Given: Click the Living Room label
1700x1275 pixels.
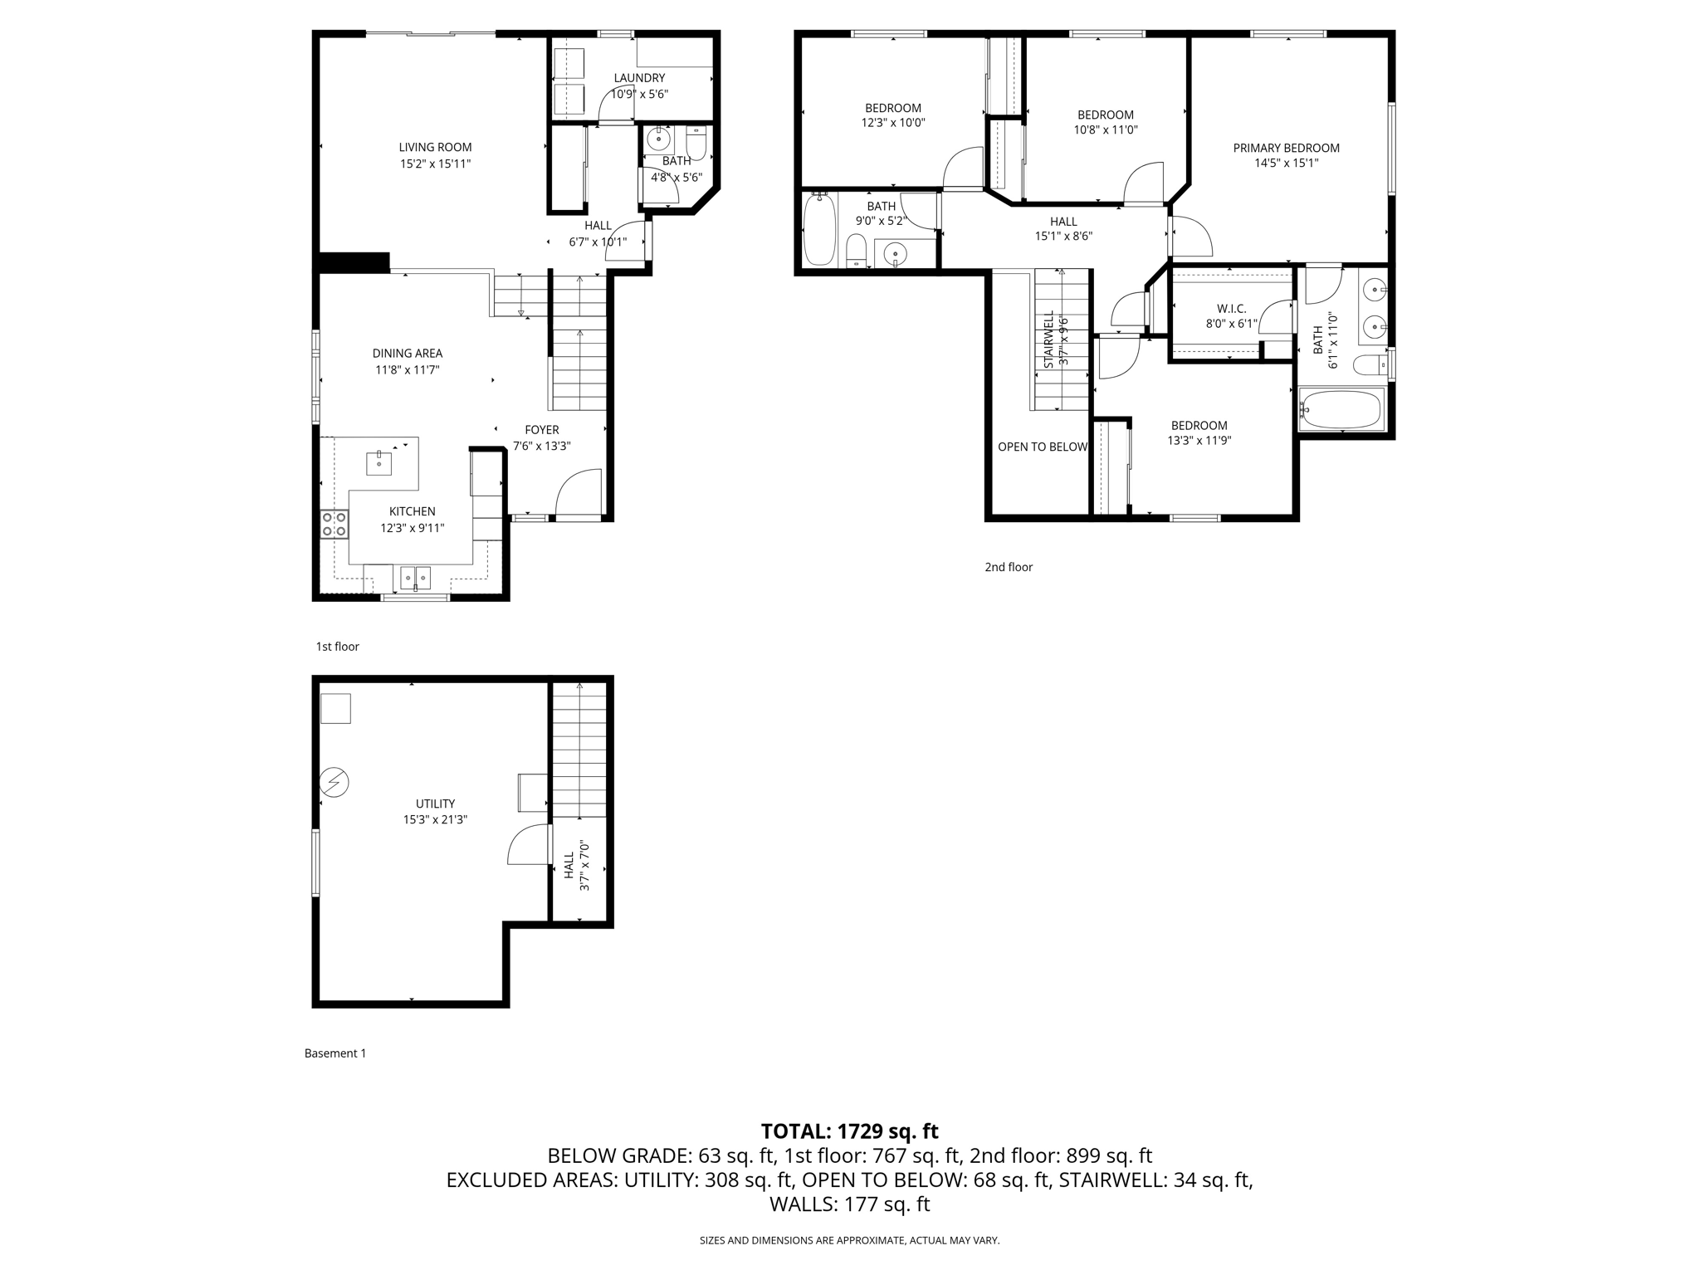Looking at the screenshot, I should (435, 148).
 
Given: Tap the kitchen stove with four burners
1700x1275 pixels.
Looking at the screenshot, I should (335, 524).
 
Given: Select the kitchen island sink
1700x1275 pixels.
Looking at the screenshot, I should (379, 463).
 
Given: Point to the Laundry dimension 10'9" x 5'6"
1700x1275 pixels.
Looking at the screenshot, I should (639, 95).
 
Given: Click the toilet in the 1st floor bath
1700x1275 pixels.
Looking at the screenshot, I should (696, 143).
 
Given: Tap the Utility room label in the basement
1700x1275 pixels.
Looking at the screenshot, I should (435, 804).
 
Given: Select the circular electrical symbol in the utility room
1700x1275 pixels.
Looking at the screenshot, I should (335, 783).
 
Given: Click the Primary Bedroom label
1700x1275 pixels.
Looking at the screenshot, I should (1286, 149).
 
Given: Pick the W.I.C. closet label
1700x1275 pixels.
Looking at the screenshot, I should (1232, 309).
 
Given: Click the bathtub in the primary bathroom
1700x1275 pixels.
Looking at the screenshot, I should (1341, 409).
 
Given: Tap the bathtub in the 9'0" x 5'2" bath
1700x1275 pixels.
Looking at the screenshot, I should (819, 229).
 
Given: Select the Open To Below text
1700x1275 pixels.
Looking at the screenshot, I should (1042, 447).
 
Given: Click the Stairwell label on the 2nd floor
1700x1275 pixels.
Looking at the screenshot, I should (1048, 340).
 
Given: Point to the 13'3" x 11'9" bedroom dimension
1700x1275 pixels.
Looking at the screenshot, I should (1199, 441).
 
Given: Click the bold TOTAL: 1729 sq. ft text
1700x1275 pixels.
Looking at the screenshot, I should (849, 1131).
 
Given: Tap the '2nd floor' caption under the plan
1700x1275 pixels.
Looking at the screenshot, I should (1009, 567).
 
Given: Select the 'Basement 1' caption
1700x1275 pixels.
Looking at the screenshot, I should (335, 1053).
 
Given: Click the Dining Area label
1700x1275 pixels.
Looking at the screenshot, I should (407, 354).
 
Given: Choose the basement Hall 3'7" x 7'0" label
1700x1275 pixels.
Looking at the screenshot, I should (569, 866).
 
